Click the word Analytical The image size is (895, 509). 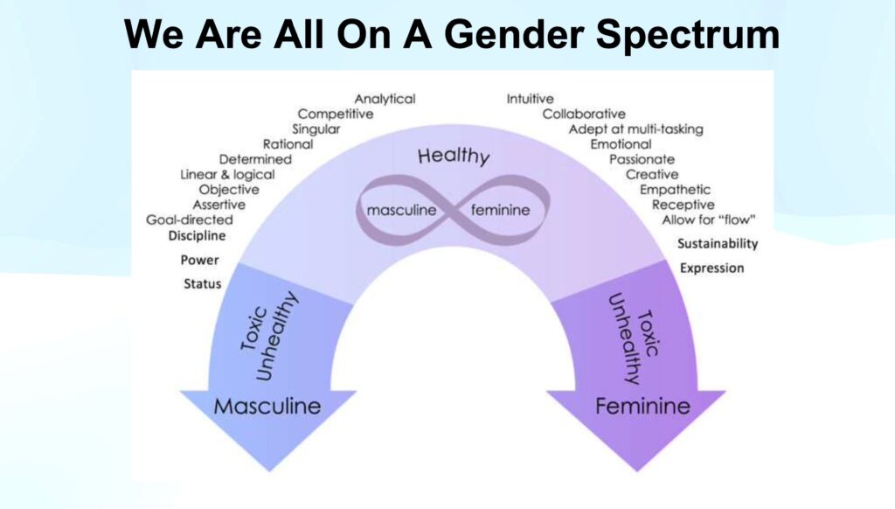tap(385, 99)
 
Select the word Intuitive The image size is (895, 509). tap(530, 99)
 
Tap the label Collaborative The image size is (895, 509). tap(583, 114)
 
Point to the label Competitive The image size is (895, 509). tap(335, 115)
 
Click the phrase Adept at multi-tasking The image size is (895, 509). tap(635, 129)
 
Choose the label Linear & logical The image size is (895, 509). tap(227, 174)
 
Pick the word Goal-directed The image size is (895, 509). tap(189, 220)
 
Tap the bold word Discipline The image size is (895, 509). tap(197, 235)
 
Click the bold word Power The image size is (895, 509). tap(199, 260)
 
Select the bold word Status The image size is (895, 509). tap(202, 283)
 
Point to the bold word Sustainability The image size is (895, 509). tap(718, 244)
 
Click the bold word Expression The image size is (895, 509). tap(711, 268)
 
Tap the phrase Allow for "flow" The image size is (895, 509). tap(708, 220)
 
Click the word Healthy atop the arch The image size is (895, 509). tap(454, 156)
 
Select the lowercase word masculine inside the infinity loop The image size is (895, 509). tap(401, 210)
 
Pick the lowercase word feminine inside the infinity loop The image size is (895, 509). tap(500, 210)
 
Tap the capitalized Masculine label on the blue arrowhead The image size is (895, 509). tap(267, 406)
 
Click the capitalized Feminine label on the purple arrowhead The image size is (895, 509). tap(642, 406)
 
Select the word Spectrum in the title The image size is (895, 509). tap(688, 34)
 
